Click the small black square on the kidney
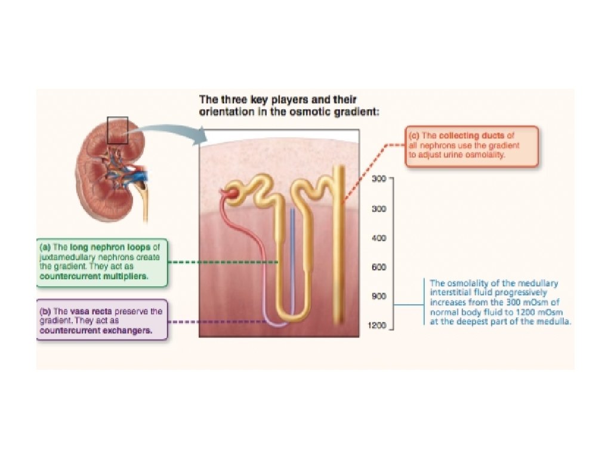[118, 131]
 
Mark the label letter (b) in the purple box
[46, 311]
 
